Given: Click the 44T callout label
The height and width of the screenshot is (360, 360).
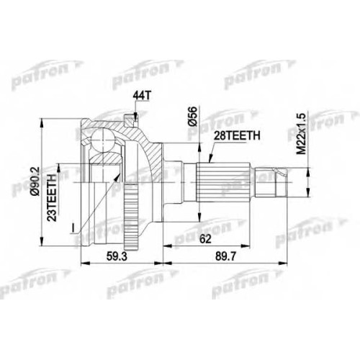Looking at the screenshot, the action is (142, 96).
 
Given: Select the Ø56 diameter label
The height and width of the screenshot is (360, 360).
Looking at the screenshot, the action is (193, 117).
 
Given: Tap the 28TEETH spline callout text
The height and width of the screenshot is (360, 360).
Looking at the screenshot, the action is (236, 136).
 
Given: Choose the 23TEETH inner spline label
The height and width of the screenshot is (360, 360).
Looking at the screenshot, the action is (52, 197).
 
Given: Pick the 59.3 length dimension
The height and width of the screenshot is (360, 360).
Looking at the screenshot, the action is (116, 257).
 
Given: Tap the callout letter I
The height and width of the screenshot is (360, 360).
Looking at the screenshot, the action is (73, 228).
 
